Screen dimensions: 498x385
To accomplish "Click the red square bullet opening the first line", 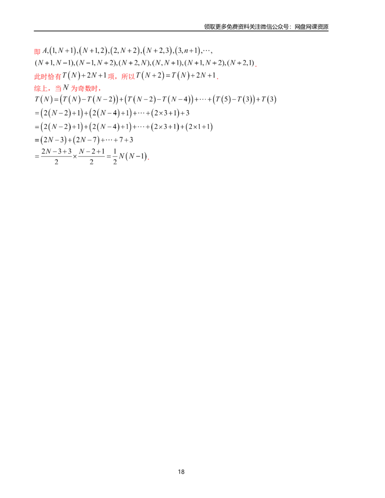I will click(x=37, y=51).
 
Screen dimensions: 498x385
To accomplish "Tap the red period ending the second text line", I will click(x=256, y=66).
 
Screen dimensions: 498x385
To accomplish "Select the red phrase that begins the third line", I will click(x=47, y=77).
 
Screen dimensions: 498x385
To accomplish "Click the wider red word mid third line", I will click(x=127, y=77).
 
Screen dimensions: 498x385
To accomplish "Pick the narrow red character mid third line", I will click(x=110, y=77).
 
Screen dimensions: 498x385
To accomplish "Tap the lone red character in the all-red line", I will click(x=57, y=89).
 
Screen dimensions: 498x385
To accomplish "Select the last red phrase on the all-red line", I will click(x=84, y=89).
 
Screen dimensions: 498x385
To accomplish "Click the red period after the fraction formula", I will click(x=149, y=159).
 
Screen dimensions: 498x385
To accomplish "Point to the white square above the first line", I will click(x=75, y=44).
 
